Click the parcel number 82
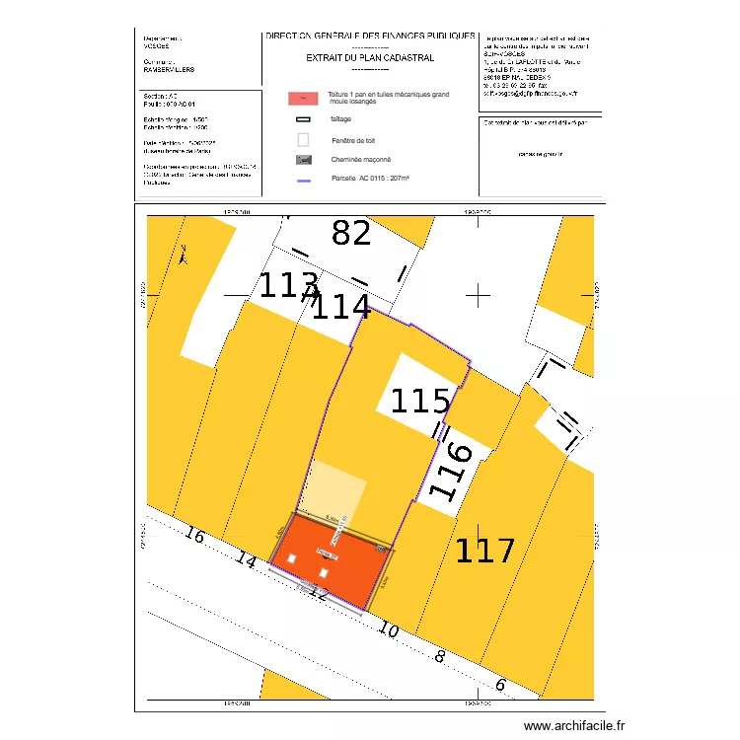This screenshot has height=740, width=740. (x=351, y=234)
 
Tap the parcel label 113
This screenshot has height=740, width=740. (x=288, y=287)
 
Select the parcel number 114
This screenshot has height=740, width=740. (x=340, y=308)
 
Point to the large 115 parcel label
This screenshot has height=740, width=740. (x=420, y=402)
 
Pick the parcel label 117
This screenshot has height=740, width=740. (x=484, y=551)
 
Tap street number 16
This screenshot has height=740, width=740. (x=194, y=537)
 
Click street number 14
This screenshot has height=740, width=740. (x=247, y=561)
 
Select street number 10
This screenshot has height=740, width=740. (x=388, y=630)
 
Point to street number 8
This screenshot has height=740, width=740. (x=440, y=656)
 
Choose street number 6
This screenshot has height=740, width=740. (x=500, y=685)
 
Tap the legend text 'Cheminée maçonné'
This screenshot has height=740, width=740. (x=360, y=159)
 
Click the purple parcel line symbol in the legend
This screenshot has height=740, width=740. (x=304, y=181)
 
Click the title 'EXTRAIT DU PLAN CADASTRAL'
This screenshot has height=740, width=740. (x=370, y=58)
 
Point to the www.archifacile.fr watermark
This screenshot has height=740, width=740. (x=574, y=726)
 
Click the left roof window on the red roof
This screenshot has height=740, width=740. (x=292, y=560)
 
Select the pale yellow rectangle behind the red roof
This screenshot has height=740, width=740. (x=338, y=486)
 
